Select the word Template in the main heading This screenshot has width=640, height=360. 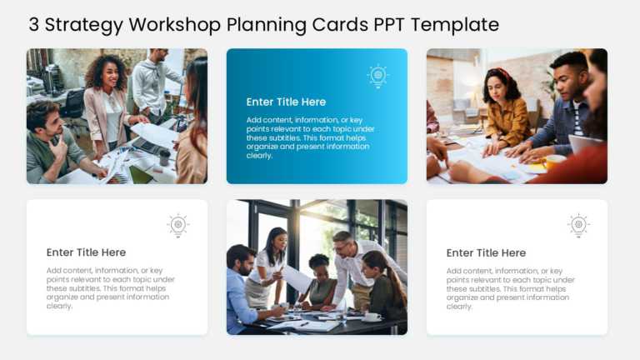(x=455, y=24)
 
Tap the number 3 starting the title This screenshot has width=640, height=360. (x=33, y=24)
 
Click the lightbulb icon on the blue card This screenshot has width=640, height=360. (x=377, y=76)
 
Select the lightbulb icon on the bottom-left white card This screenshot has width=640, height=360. (x=177, y=225)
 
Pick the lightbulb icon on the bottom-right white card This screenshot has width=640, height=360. (x=578, y=225)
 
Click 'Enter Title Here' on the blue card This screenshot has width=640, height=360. (x=286, y=102)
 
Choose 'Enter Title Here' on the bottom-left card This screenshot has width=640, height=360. (x=86, y=252)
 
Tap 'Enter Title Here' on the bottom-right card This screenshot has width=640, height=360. (x=486, y=252)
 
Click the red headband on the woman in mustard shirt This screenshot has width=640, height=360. (x=499, y=73)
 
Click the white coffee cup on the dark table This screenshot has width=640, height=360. (x=372, y=317)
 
